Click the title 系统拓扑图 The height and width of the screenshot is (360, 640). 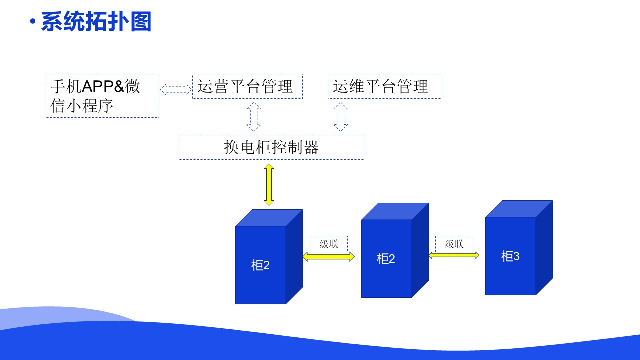tap(96, 22)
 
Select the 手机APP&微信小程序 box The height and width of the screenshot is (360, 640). tap(102, 96)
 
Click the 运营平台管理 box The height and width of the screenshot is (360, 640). tap(247, 86)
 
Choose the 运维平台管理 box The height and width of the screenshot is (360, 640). tap(385, 86)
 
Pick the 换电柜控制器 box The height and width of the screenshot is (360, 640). tap(271, 147)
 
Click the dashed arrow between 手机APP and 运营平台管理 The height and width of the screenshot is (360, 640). tap(176, 89)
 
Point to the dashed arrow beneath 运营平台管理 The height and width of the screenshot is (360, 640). tap(254, 117)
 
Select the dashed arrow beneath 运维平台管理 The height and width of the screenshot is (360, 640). tap(341, 117)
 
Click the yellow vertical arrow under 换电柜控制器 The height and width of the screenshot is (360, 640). tap(269, 184)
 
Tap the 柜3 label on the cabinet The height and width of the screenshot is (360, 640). tap(510, 256)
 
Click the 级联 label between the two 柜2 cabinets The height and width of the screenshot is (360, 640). tap(329, 244)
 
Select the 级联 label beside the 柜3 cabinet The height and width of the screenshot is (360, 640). tap(454, 244)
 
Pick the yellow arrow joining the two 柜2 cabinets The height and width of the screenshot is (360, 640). tap(328, 257)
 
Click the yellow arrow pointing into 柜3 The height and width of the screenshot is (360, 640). tap(454, 255)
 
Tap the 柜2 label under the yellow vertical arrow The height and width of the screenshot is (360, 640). tap(260, 265)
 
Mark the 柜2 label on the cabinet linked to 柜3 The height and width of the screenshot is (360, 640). tap(386, 259)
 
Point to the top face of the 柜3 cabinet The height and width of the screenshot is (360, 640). tap(519, 209)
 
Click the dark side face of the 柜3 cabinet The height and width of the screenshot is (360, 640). tap(544, 247)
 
